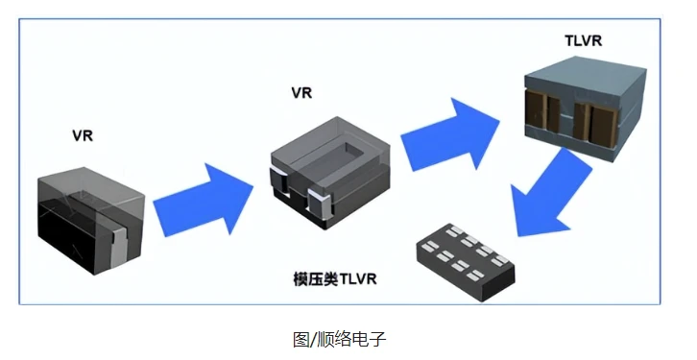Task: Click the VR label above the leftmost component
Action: [83, 135]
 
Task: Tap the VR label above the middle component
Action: [301, 93]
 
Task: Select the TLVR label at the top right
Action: [583, 41]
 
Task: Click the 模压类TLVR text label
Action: [335, 278]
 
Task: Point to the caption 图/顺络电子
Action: [339, 340]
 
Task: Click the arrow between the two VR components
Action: [204, 200]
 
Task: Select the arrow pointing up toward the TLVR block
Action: [450, 134]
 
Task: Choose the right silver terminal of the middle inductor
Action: [320, 203]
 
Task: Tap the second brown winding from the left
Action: [554, 114]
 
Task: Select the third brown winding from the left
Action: [581, 121]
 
